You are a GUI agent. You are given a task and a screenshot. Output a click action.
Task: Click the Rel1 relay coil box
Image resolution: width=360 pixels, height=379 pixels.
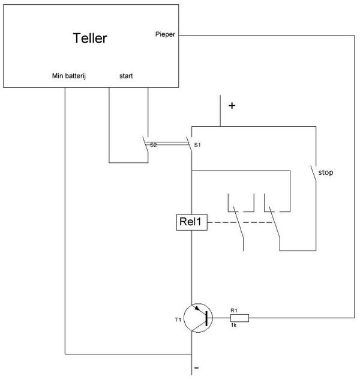coord(191,222)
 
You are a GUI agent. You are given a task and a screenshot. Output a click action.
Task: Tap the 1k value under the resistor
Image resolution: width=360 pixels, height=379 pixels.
coord(235,325)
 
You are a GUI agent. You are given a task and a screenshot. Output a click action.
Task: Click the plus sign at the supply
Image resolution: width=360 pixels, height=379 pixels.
coord(232,106)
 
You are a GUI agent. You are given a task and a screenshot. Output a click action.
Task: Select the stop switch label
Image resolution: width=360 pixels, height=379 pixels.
coord(325,172)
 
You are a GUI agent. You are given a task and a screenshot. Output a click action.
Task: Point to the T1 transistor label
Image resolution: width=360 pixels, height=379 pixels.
coord(178,320)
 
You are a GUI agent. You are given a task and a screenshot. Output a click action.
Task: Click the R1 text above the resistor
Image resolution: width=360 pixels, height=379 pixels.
coord(235,310)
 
